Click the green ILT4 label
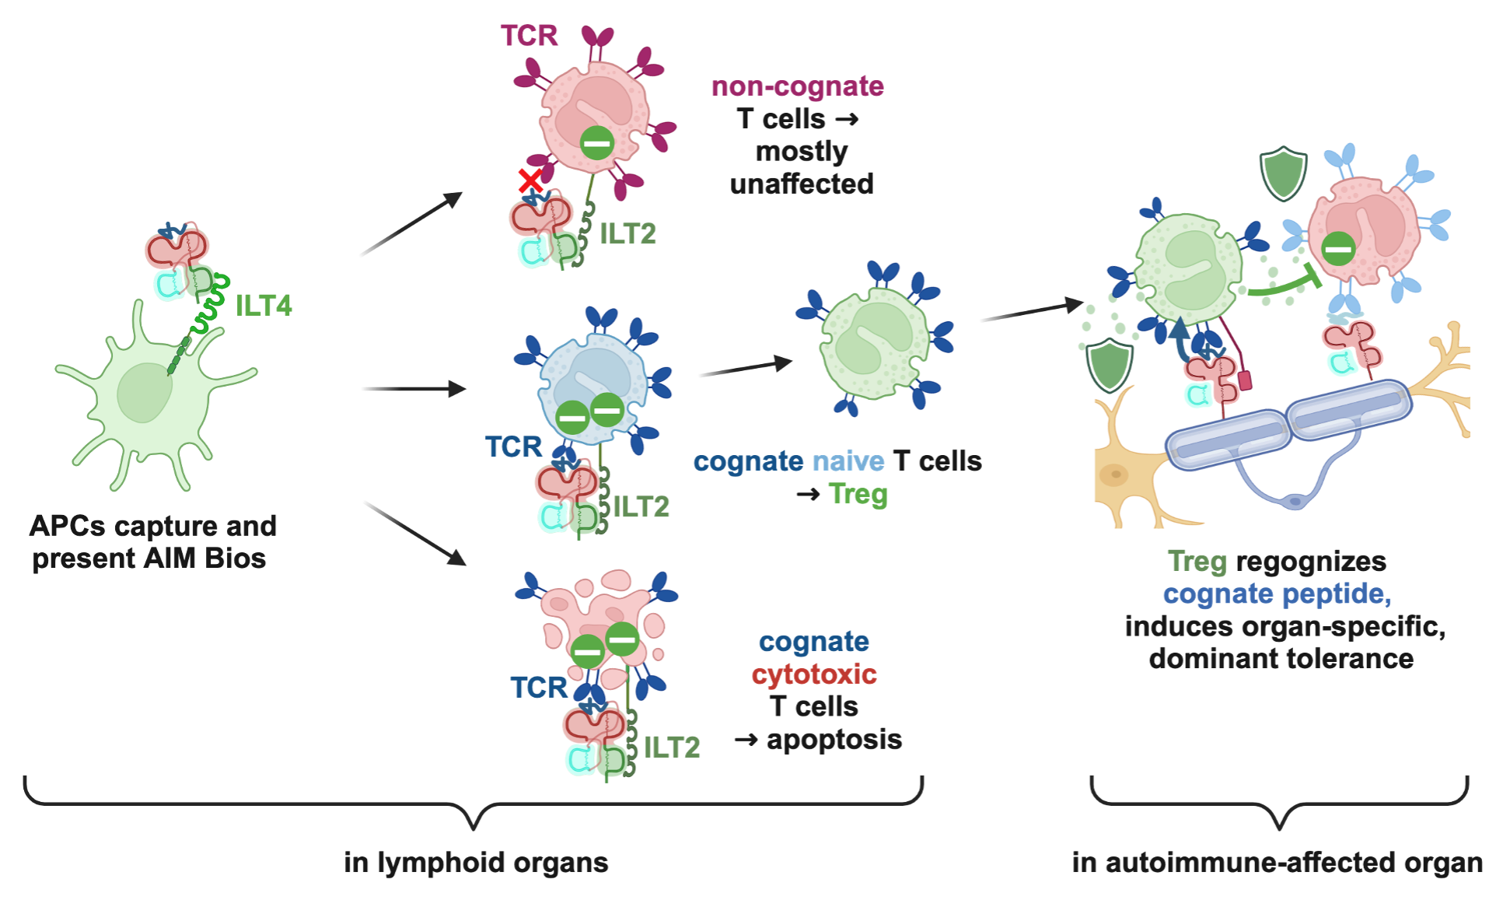coord(264,306)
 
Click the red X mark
coord(530,181)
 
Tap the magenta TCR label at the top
coord(529,36)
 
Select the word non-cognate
coord(797,86)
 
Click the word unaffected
coord(802,184)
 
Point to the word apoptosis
coord(834,739)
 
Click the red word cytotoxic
coord(814,674)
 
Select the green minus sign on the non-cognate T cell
coord(597,143)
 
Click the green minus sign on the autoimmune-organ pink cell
coord(1339,249)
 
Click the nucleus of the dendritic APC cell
coord(145,392)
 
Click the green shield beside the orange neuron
coord(1110,366)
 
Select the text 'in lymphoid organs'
coord(476,863)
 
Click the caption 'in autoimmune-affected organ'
coord(1277,863)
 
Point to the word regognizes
coord(1310,562)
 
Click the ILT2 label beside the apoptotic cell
coord(672,748)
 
